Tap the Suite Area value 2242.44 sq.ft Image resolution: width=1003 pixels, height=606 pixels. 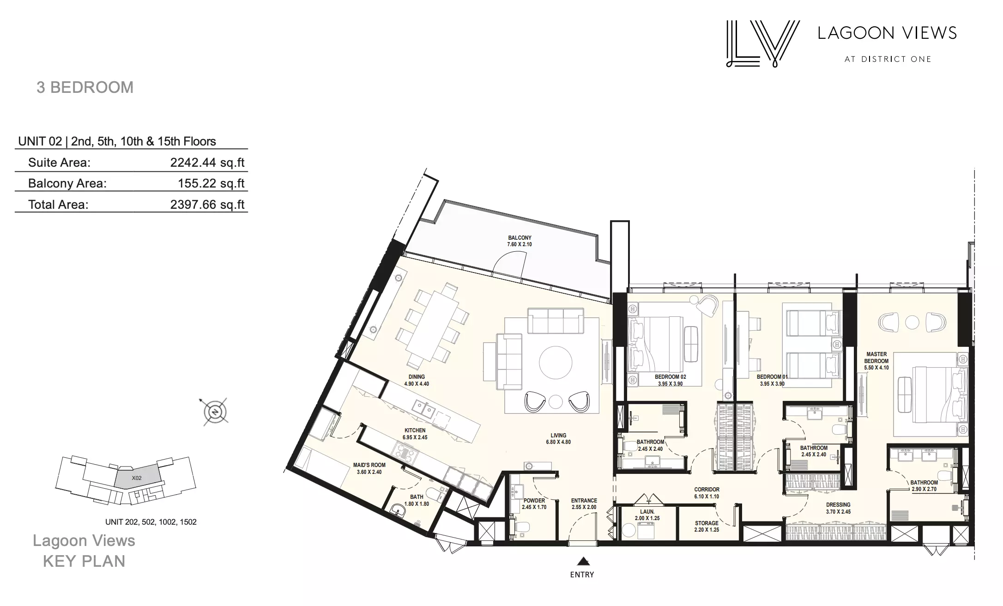pos(207,163)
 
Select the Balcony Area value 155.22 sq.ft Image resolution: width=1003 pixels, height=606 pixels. pos(211,183)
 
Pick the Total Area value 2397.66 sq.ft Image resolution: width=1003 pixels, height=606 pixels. pos(207,205)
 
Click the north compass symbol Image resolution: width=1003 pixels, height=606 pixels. pos(215,411)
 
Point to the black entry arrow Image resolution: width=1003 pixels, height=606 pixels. pos(583,561)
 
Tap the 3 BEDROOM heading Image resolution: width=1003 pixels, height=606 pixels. pos(85,87)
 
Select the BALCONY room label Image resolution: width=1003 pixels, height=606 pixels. pos(520,238)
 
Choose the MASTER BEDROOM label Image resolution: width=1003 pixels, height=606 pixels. pos(876,358)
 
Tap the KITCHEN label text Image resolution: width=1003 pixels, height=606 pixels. pos(415,430)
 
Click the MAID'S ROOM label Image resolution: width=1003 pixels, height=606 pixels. pos(369,465)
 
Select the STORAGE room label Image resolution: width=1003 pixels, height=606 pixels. pos(707,523)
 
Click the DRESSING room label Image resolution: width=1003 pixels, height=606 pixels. pos(838,505)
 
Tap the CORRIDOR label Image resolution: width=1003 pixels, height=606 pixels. pos(707,490)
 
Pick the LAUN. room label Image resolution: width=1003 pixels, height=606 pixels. pos(647,512)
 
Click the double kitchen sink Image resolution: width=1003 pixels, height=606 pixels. pos(101,409)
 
